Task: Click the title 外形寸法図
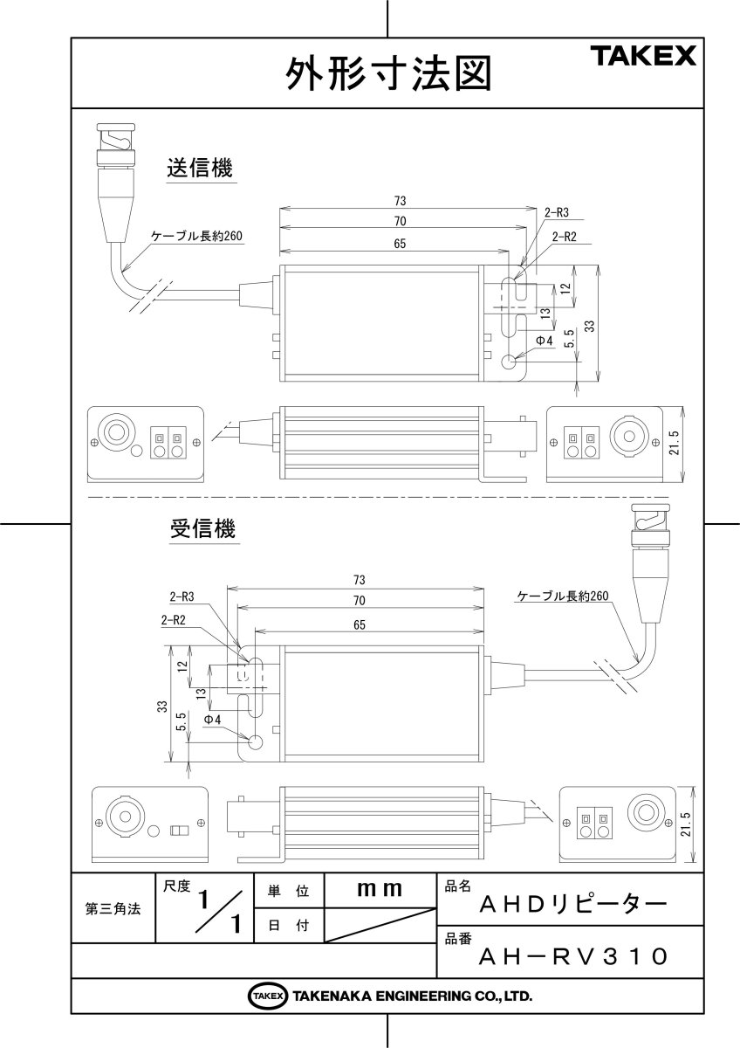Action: (389, 74)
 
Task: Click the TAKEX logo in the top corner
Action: (645, 58)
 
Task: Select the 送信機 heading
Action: (200, 169)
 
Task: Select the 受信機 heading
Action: (202, 528)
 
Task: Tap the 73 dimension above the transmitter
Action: (401, 200)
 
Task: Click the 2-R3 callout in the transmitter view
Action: (557, 212)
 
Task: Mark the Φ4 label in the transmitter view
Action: (544, 339)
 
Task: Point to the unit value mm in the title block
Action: (380, 889)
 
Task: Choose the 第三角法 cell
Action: (113, 908)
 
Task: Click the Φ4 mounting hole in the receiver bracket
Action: (256, 742)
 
